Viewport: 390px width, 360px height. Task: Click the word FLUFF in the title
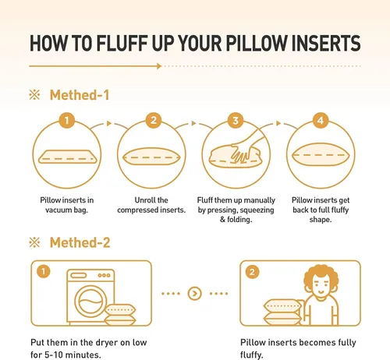(122, 43)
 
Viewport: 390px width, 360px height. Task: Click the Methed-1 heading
(80, 95)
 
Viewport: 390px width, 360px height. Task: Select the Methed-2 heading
(80, 242)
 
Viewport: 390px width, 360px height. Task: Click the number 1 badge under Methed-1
(67, 120)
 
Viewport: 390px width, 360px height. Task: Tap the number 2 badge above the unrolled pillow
(154, 120)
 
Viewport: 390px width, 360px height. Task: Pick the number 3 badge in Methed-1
(236, 120)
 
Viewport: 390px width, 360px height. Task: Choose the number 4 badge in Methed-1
(321, 120)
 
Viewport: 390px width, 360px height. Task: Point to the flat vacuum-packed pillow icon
(67, 157)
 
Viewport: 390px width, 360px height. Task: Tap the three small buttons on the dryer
(104, 275)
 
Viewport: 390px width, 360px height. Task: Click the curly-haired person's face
(321, 284)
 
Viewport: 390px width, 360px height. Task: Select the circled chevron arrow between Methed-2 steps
(194, 294)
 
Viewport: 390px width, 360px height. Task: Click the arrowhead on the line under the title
(159, 66)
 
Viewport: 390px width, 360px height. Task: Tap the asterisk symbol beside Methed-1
(34, 95)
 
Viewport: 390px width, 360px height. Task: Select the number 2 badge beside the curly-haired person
(252, 272)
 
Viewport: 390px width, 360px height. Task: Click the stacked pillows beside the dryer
(120, 315)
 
